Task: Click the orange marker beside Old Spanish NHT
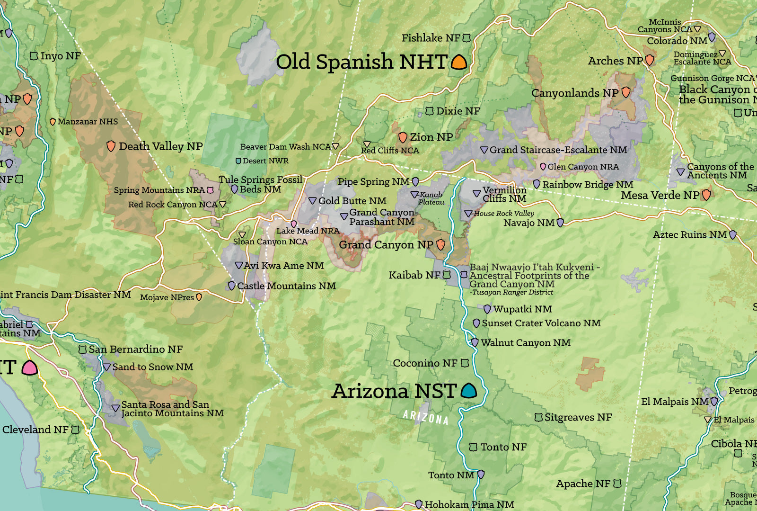click(459, 62)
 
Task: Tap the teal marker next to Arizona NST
click(468, 391)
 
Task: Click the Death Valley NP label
click(160, 146)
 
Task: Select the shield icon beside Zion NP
click(403, 137)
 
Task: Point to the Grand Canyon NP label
click(386, 245)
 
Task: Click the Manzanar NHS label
click(88, 122)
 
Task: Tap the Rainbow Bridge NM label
click(588, 184)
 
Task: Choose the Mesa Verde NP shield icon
click(706, 195)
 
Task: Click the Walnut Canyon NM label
click(526, 342)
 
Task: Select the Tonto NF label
click(503, 447)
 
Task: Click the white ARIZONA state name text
click(425, 417)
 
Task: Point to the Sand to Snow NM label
click(153, 367)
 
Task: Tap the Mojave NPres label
click(167, 297)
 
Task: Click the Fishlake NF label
click(431, 38)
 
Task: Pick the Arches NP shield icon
click(650, 60)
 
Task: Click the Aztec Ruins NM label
click(689, 234)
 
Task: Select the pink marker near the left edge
click(29, 368)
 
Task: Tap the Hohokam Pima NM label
click(469, 504)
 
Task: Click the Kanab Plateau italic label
click(431, 198)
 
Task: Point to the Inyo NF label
click(61, 56)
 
